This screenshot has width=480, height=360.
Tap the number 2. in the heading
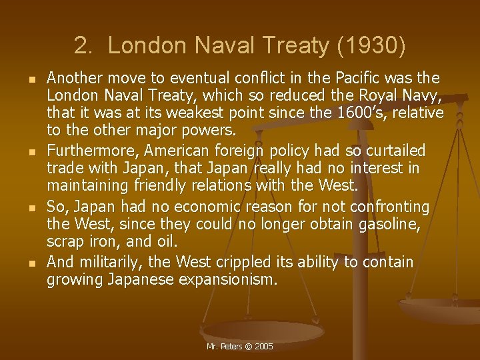pos(84,45)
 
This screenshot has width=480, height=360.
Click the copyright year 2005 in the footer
pos(263,347)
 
